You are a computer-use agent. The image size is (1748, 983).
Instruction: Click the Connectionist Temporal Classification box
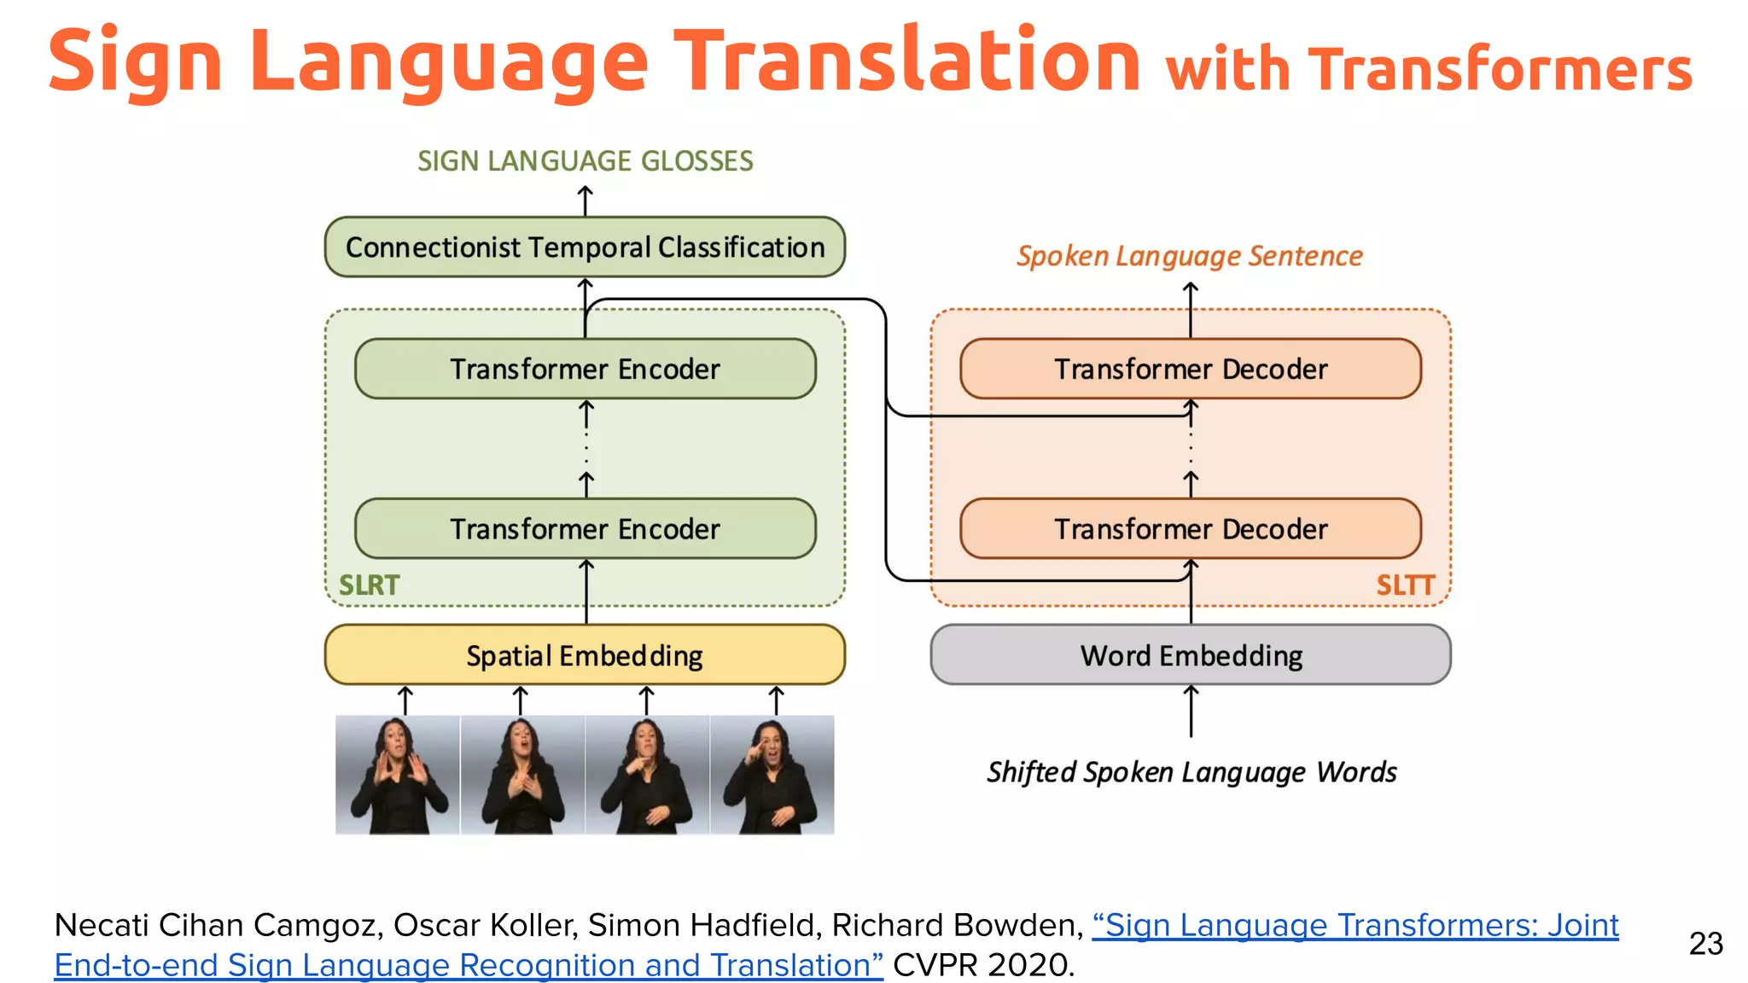(x=585, y=247)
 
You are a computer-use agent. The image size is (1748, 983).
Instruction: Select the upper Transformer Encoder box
(x=585, y=369)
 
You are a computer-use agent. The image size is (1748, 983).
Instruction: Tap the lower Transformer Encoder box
(x=585, y=529)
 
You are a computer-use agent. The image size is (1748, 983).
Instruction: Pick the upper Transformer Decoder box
(x=1191, y=369)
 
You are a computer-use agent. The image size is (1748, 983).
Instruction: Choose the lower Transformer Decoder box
(x=1191, y=529)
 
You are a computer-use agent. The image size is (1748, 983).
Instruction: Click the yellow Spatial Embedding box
(x=585, y=655)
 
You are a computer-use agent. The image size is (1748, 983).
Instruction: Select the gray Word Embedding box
(x=1191, y=655)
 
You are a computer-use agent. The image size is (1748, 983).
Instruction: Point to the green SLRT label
(x=369, y=585)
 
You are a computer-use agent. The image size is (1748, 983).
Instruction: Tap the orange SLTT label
(x=1405, y=585)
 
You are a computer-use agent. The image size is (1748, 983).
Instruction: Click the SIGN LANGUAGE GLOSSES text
(x=585, y=161)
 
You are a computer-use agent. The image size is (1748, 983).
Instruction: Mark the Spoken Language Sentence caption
(x=1189, y=256)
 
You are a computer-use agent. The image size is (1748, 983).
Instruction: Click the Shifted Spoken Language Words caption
(x=1192, y=772)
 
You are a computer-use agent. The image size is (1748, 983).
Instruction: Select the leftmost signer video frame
(x=397, y=775)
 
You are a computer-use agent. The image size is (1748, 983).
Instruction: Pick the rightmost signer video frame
(x=772, y=775)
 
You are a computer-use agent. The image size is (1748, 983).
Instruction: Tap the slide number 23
(x=1705, y=944)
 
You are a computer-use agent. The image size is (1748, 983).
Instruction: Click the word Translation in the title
(x=906, y=60)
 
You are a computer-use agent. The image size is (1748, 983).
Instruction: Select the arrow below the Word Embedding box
(x=1191, y=711)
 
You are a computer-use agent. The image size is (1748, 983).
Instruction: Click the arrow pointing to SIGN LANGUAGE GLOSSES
(x=585, y=201)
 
